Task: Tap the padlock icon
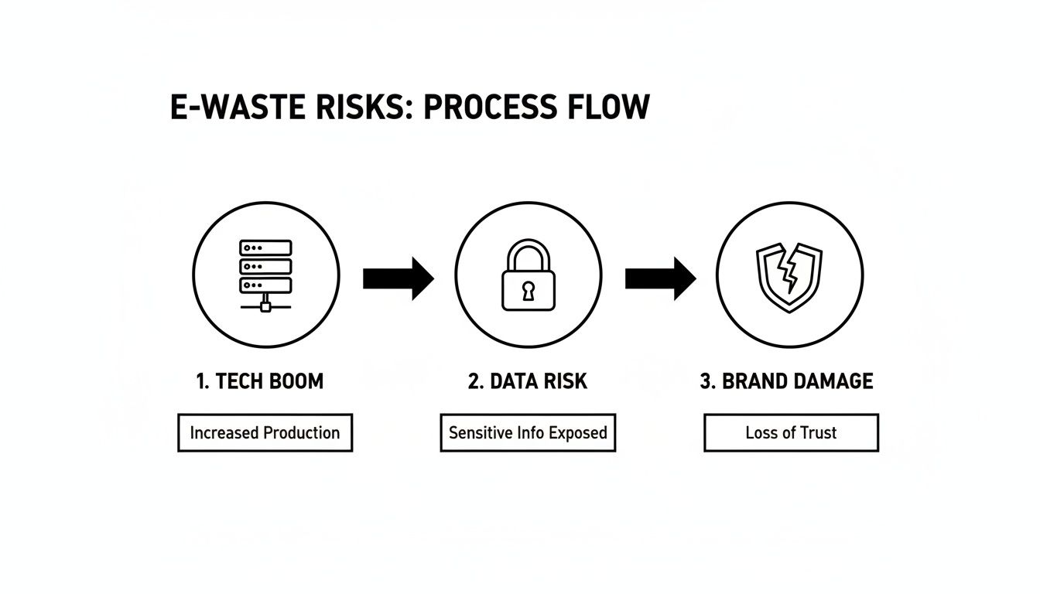tap(528, 275)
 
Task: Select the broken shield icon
tap(789, 277)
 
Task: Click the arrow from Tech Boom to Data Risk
tap(398, 278)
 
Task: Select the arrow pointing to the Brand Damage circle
tap(660, 278)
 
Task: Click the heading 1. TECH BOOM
tap(260, 381)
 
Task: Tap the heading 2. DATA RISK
tap(528, 381)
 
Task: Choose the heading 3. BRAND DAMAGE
tap(786, 381)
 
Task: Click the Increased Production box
tap(265, 432)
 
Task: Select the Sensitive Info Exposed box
tap(528, 432)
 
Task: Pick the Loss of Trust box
tap(791, 432)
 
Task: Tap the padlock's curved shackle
tap(528, 251)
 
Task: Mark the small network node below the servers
tap(265, 306)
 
